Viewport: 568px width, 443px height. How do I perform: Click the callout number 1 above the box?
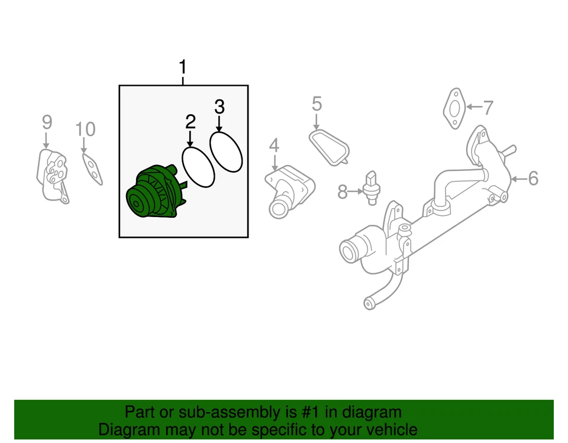pos(183,66)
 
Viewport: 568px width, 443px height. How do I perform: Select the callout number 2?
pos(190,122)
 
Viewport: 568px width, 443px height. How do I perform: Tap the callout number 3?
pos(219,107)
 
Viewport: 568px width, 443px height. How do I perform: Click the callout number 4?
pos(273,145)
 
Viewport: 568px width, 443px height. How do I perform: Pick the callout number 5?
pos(317,104)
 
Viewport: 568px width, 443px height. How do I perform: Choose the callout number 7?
pos(488,108)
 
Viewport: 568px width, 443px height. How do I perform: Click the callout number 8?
pos(343,192)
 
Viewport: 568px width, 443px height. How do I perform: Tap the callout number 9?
pos(47,122)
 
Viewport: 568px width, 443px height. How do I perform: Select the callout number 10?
pos(85,129)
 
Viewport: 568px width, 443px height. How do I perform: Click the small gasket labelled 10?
pos(92,168)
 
